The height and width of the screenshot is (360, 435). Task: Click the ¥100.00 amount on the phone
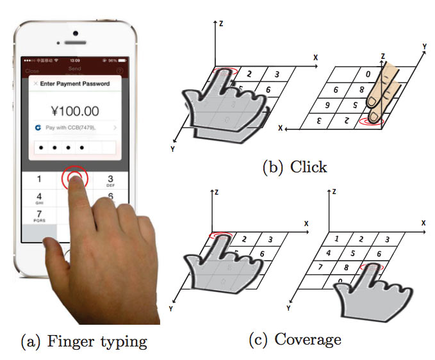[x=75, y=110]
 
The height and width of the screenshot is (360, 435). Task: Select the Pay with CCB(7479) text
[x=72, y=128]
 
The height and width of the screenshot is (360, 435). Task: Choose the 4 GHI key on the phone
[x=39, y=197]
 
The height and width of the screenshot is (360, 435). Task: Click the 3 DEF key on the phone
[x=110, y=180]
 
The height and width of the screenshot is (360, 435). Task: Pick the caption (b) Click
[x=294, y=167]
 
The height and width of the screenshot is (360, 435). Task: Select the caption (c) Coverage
[x=295, y=339]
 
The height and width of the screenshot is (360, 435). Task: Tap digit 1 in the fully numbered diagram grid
[x=336, y=238]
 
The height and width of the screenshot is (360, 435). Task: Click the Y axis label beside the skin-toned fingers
[x=423, y=47]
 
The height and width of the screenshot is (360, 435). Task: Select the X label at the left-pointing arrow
[x=281, y=128]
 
